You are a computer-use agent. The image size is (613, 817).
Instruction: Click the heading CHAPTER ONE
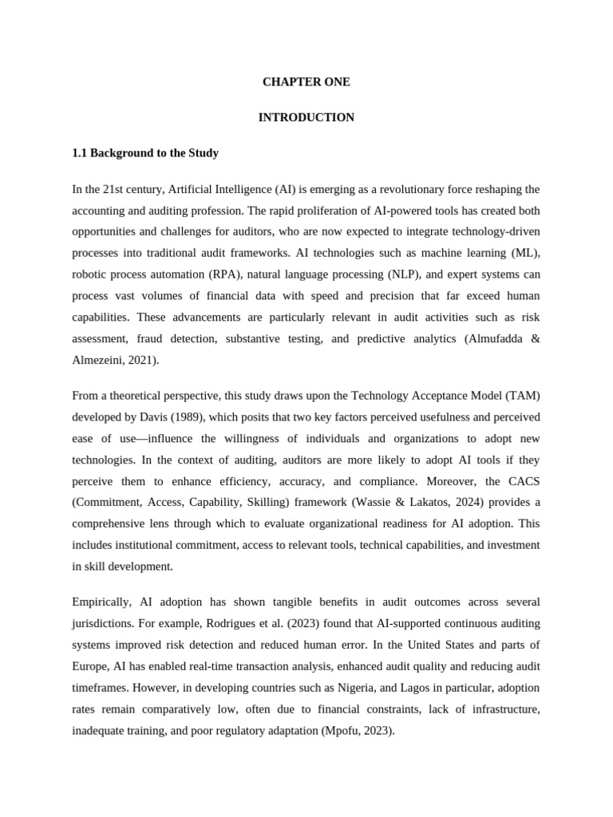[x=306, y=82]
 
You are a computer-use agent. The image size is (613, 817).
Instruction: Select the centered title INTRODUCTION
[x=306, y=117]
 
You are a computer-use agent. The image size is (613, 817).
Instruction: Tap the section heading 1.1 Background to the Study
[x=144, y=152]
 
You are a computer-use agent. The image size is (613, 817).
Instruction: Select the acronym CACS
[x=521, y=481]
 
